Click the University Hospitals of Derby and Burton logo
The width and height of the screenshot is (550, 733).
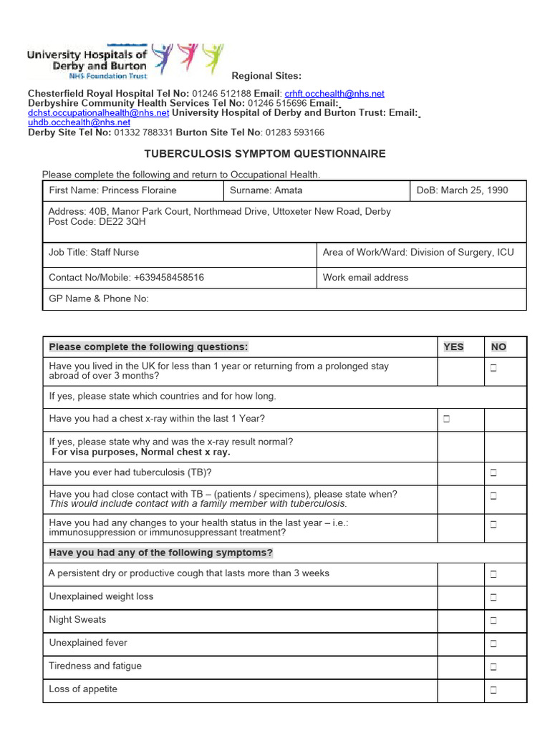pyautogui.click(x=125, y=61)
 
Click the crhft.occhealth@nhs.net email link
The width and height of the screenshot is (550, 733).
pyautogui.click(x=334, y=94)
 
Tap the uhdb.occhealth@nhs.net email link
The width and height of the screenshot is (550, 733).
pyautogui.click(x=79, y=122)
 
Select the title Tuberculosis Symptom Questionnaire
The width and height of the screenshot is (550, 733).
pyautogui.click(x=265, y=154)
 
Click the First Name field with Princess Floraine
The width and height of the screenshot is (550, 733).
pyautogui.click(x=112, y=190)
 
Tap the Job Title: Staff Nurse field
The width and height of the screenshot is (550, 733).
pyautogui.click(x=94, y=252)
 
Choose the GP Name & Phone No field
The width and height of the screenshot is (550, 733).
pyautogui.click(x=99, y=298)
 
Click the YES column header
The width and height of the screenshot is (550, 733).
pyautogui.click(x=453, y=347)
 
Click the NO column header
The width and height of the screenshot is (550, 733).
pyautogui.click(x=498, y=347)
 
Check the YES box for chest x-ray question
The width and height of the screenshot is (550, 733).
pyautogui.click(x=446, y=419)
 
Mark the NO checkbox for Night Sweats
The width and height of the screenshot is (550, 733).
pyautogui.click(x=493, y=621)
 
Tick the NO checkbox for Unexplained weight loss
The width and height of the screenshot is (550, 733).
pyautogui.click(x=493, y=598)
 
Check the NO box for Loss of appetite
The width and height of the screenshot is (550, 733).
pyautogui.click(x=493, y=690)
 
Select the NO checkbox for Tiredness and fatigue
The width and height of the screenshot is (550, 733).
pyautogui.click(x=493, y=667)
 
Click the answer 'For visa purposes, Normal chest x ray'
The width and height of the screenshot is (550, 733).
pyautogui.click(x=140, y=452)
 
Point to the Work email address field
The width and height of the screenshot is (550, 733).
pyautogui.click(x=365, y=277)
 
